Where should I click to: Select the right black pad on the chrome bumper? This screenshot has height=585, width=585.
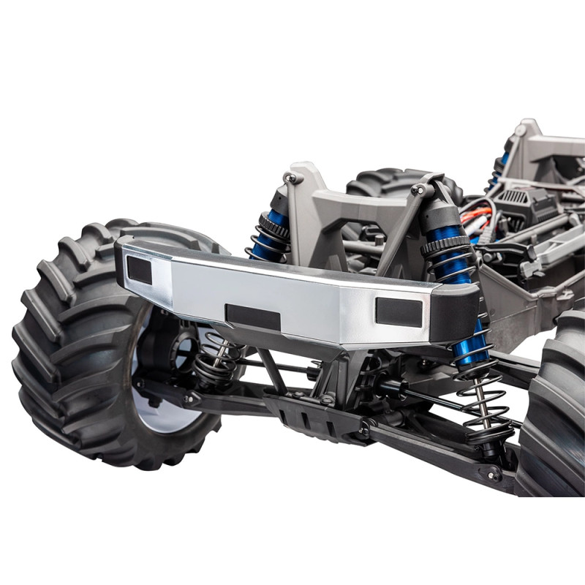399,312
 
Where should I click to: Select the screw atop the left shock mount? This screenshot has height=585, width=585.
290,178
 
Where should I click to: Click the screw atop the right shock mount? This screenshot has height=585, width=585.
419,189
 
